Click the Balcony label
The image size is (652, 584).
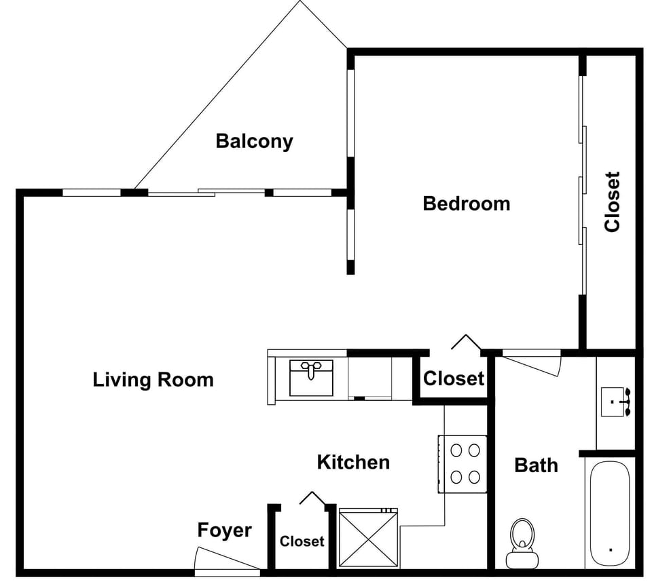click(x=254, y=141)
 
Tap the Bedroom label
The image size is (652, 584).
click(x=466, y=203)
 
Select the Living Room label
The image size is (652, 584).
click(x=153, y=379)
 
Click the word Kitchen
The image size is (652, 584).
click(x=353, y=463)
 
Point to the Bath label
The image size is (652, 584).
click(x=536, y=465)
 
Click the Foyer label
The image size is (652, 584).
click(x=224, y=530)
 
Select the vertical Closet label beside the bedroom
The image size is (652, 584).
click(x=612, y=202)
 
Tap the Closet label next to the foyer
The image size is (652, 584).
click(x=302, y=541)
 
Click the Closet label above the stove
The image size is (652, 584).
click(x=454, y=378)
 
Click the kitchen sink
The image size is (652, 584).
click(x=311, y=377)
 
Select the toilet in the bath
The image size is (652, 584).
click(x=522, y=543)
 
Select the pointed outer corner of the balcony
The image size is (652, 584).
click(x=300, y=2)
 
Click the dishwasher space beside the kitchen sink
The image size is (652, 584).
click(x=369, y=377)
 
